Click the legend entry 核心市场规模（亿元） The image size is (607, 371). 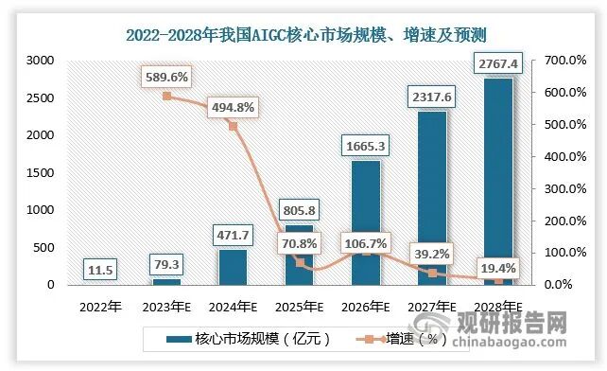click(x=250, y=338)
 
